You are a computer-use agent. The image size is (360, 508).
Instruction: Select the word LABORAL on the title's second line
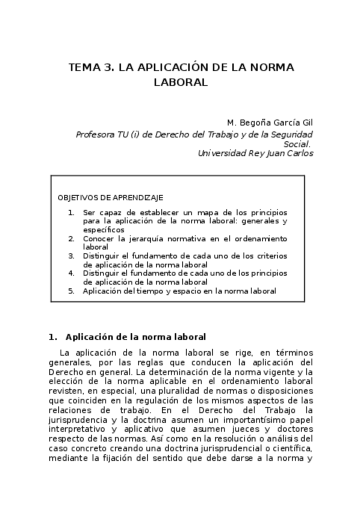(180, 83)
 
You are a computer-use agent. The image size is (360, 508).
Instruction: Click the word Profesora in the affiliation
(95, 135)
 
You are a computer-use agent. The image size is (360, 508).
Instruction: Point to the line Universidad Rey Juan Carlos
(255, 153)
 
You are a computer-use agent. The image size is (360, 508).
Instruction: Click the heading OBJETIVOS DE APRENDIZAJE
(110, 198)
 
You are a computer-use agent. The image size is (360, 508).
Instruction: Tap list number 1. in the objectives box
(71, 213)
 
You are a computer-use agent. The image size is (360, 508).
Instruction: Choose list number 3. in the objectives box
(71, 256)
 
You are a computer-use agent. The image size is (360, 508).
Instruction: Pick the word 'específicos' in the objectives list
(104, 229)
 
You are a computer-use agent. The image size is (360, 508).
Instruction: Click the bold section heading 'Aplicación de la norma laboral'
(135, 337)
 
